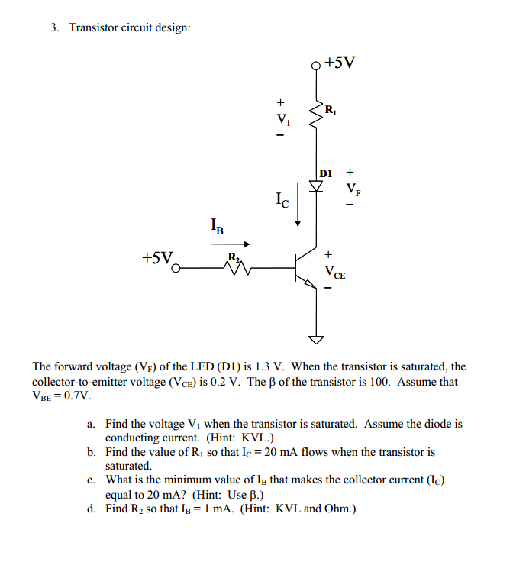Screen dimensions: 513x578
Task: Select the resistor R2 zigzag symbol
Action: pyautogui.click(x=235, y=268)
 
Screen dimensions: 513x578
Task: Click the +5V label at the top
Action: pyautogui.click(x=340, y=62)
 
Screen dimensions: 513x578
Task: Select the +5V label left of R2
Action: pyautogui.click(x=156, y=257)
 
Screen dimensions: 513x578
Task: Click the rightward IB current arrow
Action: pyautogui.click(x=231, y=244)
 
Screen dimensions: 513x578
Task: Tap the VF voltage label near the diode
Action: pyautogui.click(x=352, y=188)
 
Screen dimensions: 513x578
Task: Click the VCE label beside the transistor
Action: pyautogui.click(x=334, y=271)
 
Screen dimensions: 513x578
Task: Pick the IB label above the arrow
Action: pyautogui.click(x=217, y=227)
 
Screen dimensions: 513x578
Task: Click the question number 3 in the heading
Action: pyautogui.click(x=54, y=27)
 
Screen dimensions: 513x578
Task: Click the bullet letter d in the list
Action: pyautogui.click(x=91, y=509)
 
